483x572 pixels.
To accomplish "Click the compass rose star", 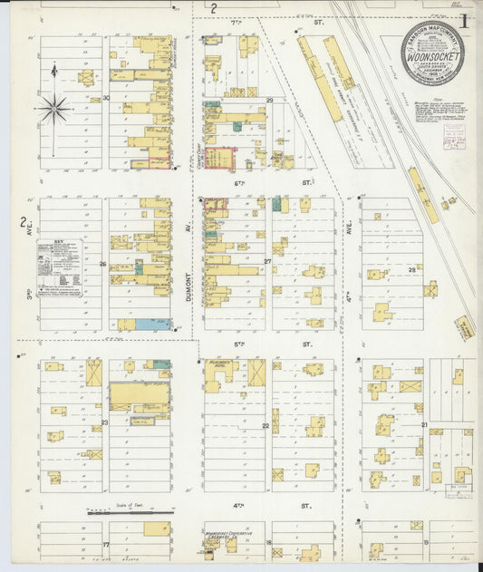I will pos(53,109).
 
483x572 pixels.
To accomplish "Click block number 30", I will pos(106,97).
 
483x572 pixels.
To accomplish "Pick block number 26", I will pos(103,264).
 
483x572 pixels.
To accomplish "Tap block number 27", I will pos(268,262).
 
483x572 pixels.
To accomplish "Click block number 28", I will pos(411,268).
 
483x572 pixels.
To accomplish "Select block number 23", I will pos(104,422).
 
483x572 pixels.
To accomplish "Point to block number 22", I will pos(266,424).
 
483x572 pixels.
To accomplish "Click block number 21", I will pos(423,424).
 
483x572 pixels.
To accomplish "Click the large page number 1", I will pos(464,18).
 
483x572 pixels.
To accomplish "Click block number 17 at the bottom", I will pos(106,544).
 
